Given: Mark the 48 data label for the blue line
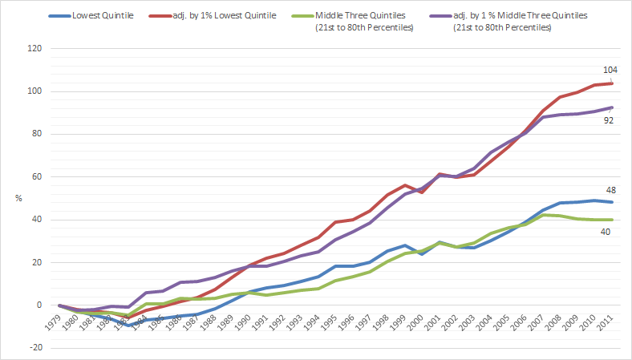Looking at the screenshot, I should [611, 190].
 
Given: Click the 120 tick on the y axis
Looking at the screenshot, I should [35, 48].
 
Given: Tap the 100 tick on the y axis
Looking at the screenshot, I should [35, 91].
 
